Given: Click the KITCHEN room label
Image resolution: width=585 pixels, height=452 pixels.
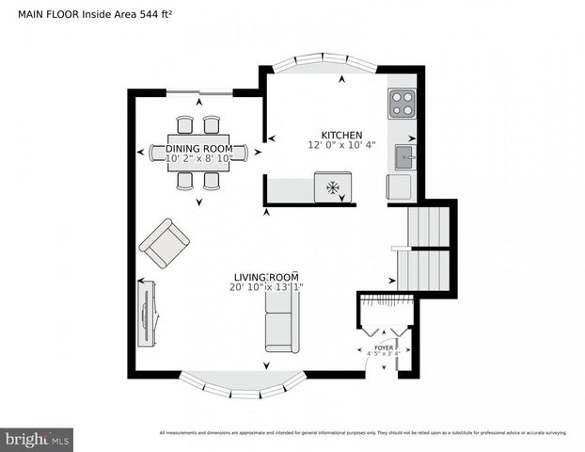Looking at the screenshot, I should point(340,136).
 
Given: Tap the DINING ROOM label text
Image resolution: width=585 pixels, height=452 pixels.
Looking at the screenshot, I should point(198,149).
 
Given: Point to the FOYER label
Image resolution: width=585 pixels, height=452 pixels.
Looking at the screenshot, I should point(384,347).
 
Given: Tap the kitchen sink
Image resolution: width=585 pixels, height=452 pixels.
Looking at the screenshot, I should point(403,157).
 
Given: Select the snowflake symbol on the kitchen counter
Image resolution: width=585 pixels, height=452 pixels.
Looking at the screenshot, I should point(332,187).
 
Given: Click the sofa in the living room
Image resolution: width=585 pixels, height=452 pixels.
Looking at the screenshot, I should point(281,320).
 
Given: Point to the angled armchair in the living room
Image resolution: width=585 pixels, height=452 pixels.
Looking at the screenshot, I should point(164,241).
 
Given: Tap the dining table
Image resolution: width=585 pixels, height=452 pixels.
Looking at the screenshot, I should point(198,153).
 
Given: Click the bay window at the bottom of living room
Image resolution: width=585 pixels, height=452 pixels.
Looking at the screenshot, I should point(243,383).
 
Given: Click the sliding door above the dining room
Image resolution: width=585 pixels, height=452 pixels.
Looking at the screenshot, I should point(201,91).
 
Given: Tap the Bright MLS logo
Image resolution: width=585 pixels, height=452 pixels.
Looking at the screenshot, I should point(38,439).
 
